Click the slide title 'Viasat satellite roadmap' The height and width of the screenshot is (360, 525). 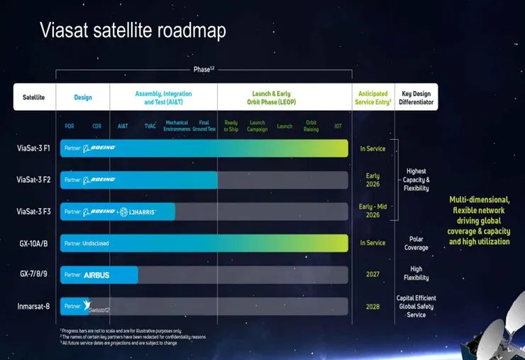pyautogui.click(x=132, y=30)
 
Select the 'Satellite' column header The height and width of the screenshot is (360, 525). pyautogui.click(x=33, y=97)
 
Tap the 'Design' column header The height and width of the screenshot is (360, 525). pyautogui.click(x=83, y=97)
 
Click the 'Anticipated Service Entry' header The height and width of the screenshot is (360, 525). pyautogui.click(x=372, y=97)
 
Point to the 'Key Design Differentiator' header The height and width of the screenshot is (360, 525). pyautogui.click(x=416, y=97)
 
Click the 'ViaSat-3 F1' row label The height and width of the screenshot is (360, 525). pyautogui.click(x=33, y=148)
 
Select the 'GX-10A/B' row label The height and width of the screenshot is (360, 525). pyautogui.click(x=33, y=243)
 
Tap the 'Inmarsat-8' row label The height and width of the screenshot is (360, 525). pyautogui.click(x=33, y=306)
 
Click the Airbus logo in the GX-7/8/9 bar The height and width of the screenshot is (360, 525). pyautogui.click(x=96, y=275)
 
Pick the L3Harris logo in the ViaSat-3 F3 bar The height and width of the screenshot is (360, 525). pyautogui.click(x=139, y=212)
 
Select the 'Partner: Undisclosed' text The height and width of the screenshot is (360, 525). pyautogui.click(x=87, y=244)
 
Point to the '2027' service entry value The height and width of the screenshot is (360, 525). pyautogui.click(x=372, y=275)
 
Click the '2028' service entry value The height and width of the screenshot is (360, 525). pyautogui.click(x=372, y=306)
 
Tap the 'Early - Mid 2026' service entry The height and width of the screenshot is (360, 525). pyautogui.click(x=372, y=211)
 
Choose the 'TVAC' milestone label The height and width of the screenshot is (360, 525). pyautogui.click(x=150, y=126)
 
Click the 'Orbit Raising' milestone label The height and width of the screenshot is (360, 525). pyautogui.click(x=311, y=126)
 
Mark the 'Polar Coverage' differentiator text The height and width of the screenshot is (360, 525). pyautogui.click(x=416, y=244)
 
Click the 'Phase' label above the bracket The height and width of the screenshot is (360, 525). pyautogui.click(x=203, y=70)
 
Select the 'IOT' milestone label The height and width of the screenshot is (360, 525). pyautogui.click(x=338, y=126)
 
